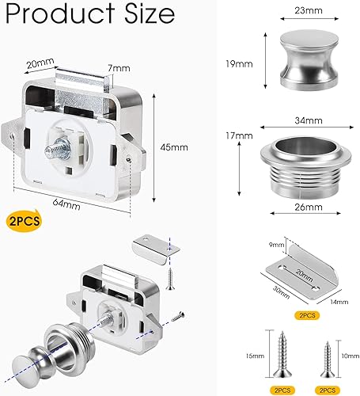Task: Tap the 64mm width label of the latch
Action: click(67, 205)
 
